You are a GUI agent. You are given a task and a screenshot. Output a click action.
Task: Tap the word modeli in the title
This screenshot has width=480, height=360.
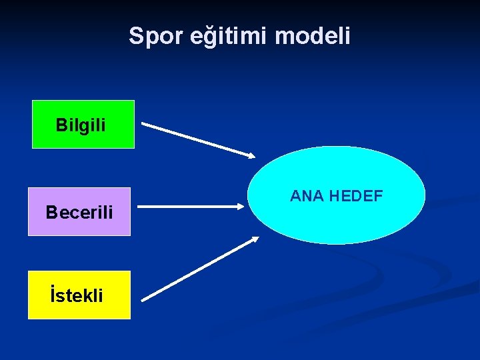point(312,36)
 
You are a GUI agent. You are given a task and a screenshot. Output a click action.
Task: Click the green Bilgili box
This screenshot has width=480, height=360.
point(83,124)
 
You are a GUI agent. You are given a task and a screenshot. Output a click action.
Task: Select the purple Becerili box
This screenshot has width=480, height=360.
point(79,211)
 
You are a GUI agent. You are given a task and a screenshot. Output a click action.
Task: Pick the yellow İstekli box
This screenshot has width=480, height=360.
point(79,295)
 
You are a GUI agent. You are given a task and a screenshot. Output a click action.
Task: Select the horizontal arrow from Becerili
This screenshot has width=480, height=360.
point(193,207)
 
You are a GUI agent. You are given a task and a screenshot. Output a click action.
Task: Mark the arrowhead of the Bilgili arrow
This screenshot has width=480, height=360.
point(252,157)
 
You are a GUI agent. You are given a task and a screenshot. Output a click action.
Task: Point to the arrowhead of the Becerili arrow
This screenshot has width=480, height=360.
point(243,207)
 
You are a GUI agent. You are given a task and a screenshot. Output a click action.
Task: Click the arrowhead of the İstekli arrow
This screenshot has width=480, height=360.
point(255,239)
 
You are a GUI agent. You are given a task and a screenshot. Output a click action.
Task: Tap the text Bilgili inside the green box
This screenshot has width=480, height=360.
point(81,125)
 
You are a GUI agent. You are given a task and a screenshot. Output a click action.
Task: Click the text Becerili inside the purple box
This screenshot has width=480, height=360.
point(79,213)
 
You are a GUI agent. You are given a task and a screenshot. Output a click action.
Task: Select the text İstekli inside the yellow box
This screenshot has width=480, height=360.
point(77,295)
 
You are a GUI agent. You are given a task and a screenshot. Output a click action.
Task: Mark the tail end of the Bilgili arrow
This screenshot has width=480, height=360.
point(143,124)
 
